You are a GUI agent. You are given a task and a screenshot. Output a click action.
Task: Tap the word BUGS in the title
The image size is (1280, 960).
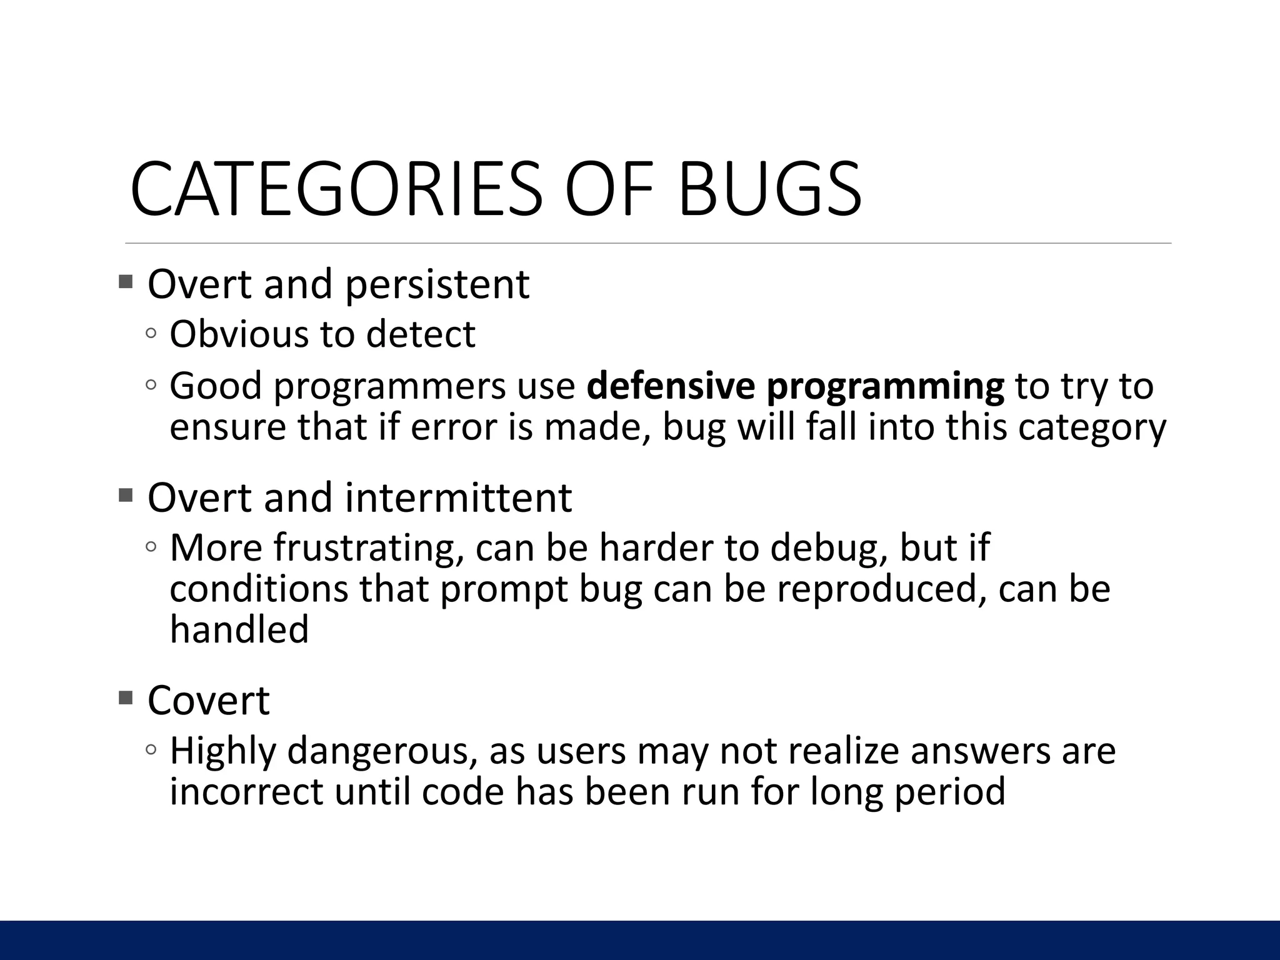click(769, 189)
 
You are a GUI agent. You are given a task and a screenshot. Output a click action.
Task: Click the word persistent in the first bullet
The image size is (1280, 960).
click(437, 284)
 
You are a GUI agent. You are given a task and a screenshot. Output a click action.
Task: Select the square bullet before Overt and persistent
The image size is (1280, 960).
click(126, 281)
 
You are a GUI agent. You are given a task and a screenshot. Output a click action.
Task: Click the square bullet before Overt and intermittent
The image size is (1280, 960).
click(126, 496)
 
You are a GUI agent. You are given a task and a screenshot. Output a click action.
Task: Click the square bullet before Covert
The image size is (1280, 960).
click(126, 697)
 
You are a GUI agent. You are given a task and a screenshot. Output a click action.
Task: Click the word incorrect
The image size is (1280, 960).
click(246, 792)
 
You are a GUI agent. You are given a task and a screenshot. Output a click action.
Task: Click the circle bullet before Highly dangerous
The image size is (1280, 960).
click(151, 749)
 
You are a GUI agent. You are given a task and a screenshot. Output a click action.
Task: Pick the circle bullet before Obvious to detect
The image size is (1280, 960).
click(151, 333)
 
